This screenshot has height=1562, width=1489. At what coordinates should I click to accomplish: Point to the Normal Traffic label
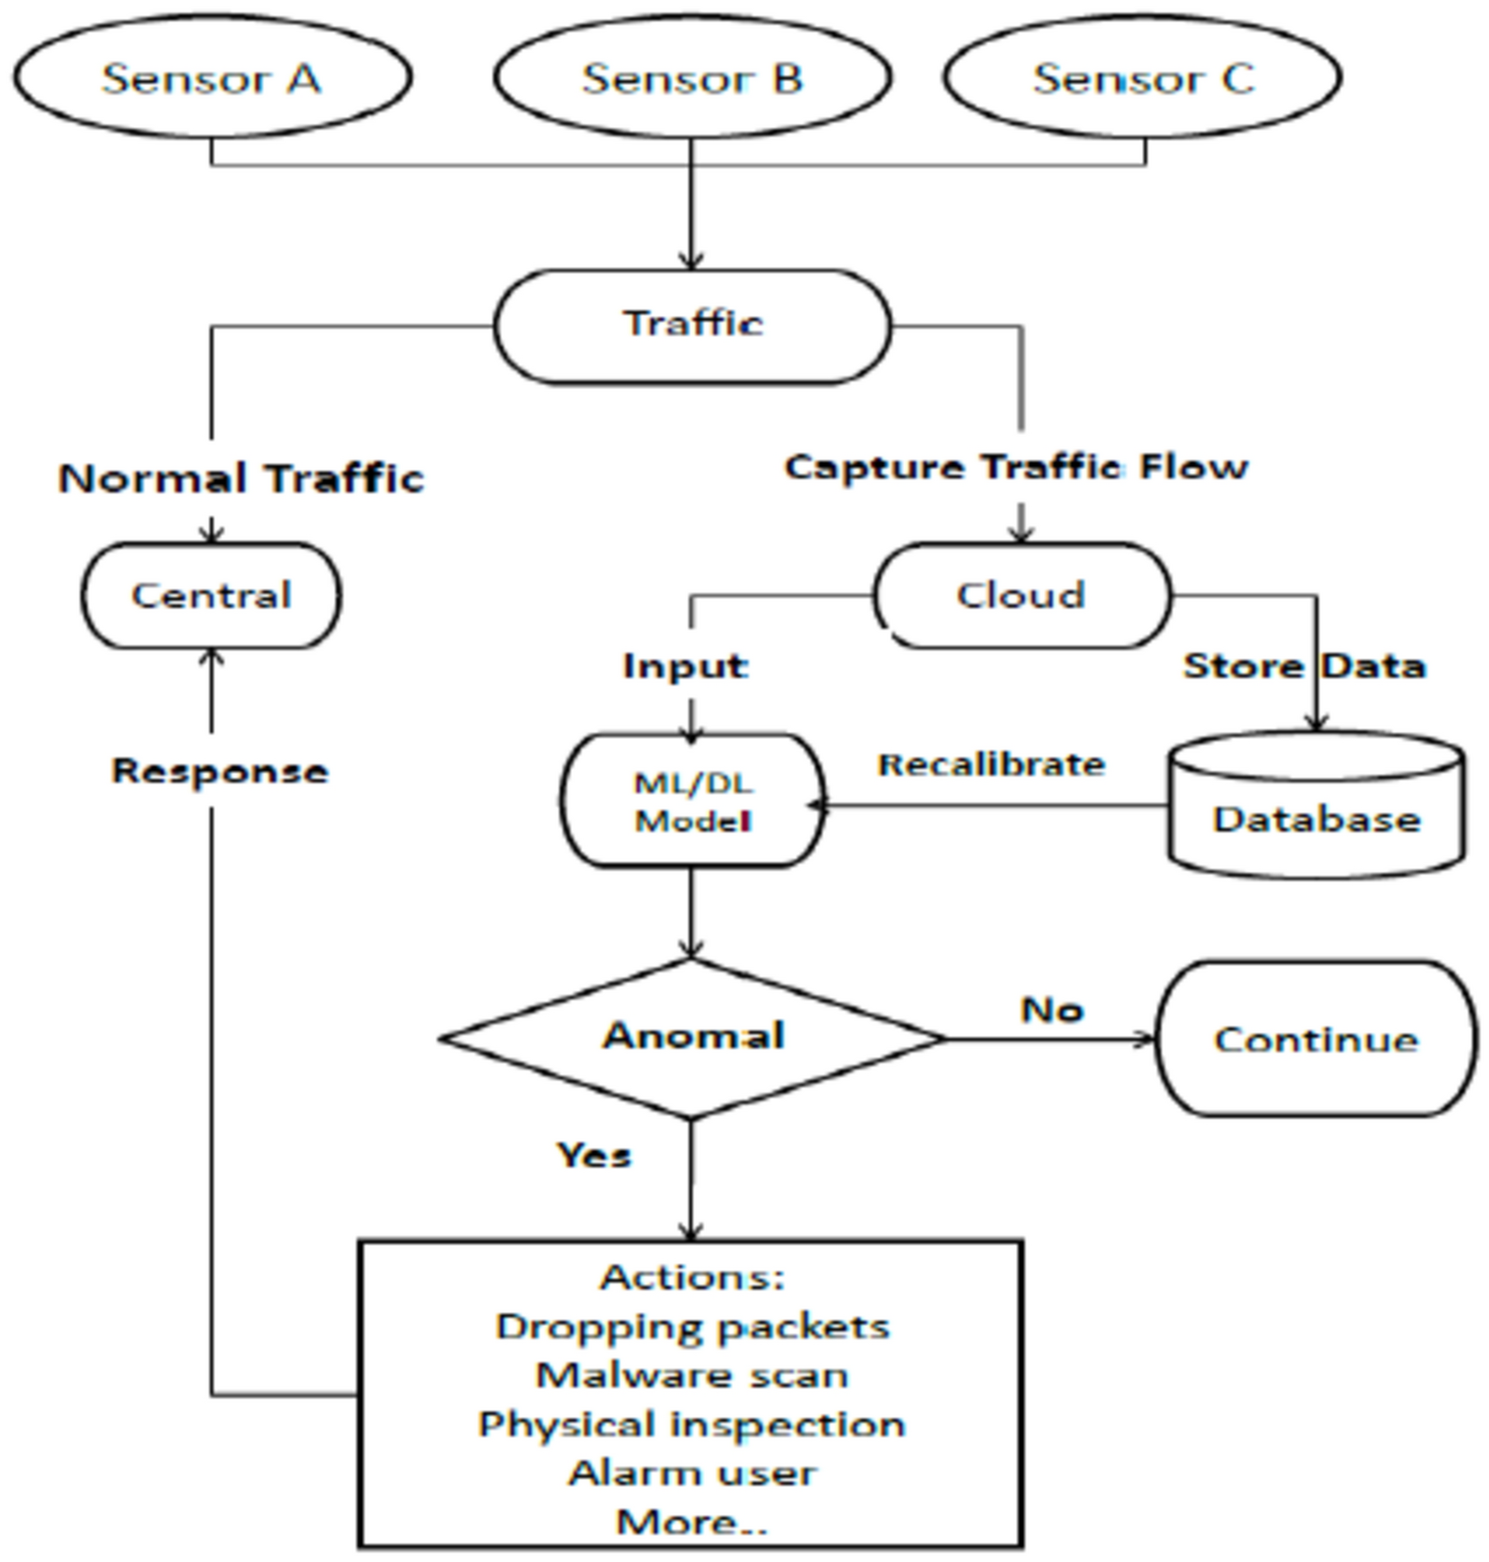tap(241, 478)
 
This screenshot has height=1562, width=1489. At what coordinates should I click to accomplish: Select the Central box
tap(212, 595)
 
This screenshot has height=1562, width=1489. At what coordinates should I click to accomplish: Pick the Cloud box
tap(1021, 595)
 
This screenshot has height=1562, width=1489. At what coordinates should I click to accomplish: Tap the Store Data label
tap(1303, 666)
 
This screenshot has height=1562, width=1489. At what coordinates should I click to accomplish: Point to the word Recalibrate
tap(991, 765)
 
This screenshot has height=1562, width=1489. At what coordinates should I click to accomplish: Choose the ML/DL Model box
tap(692, 802)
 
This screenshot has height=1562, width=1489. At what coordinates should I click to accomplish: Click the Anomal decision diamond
tap(692, 1037)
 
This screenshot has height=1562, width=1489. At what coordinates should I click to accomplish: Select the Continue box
tap(1315, 1039)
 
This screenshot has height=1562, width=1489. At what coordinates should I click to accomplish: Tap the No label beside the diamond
tap(1051, 1009)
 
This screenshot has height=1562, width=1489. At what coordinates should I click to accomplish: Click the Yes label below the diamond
tap(594, 1155)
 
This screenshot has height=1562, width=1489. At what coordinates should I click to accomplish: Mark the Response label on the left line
tap(219, 771)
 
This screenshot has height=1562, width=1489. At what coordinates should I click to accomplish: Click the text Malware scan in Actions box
tap(692, 1375)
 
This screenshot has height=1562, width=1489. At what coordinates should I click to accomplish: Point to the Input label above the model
tap(685, 666)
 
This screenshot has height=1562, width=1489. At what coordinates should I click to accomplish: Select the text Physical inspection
tap(692, 1424)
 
